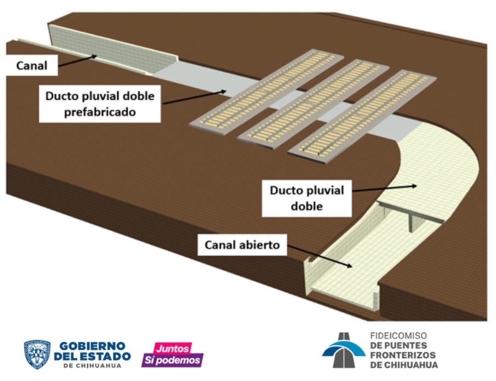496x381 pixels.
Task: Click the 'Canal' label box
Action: click(x=32, y=65)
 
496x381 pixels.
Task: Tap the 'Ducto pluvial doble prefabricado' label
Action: click(x=100, y=104)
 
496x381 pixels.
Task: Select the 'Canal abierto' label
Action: click(x=242, y=244)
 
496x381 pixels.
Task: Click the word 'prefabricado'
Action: click(x=100, y=112)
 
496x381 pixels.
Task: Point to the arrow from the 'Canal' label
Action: click(x=77, y=61)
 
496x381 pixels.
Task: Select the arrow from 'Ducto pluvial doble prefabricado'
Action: click(x=195, y=97)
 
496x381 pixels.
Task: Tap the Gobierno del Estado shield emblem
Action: click(x=37, y=355)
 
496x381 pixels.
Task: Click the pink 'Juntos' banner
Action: click(x=173, y=348)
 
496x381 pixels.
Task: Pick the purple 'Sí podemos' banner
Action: click(x=173, y=360)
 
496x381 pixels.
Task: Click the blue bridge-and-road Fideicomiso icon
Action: click(x=344, y=350)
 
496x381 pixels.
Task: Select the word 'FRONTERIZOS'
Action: click(x=403, y=355)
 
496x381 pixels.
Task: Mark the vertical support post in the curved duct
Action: click(x=411, y=222)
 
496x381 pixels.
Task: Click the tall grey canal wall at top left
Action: click(x=112, y=48)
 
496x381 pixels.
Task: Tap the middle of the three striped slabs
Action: click(x=313, y=104)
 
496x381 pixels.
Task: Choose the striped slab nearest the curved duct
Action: click(x=362, y=116)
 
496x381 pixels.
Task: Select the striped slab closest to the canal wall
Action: click(x=267, y=92)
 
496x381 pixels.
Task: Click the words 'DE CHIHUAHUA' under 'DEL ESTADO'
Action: click(x=92, y=366)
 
